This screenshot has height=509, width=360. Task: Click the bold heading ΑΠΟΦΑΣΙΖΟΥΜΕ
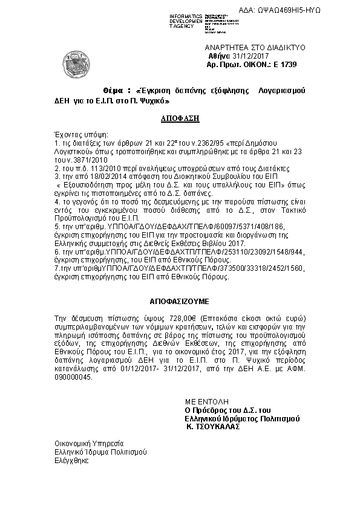tap(180, 300)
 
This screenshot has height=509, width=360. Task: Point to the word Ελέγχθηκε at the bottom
tap(71, 460)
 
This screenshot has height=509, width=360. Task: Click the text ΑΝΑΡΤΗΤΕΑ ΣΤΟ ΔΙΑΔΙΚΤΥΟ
tap(255, 47)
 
